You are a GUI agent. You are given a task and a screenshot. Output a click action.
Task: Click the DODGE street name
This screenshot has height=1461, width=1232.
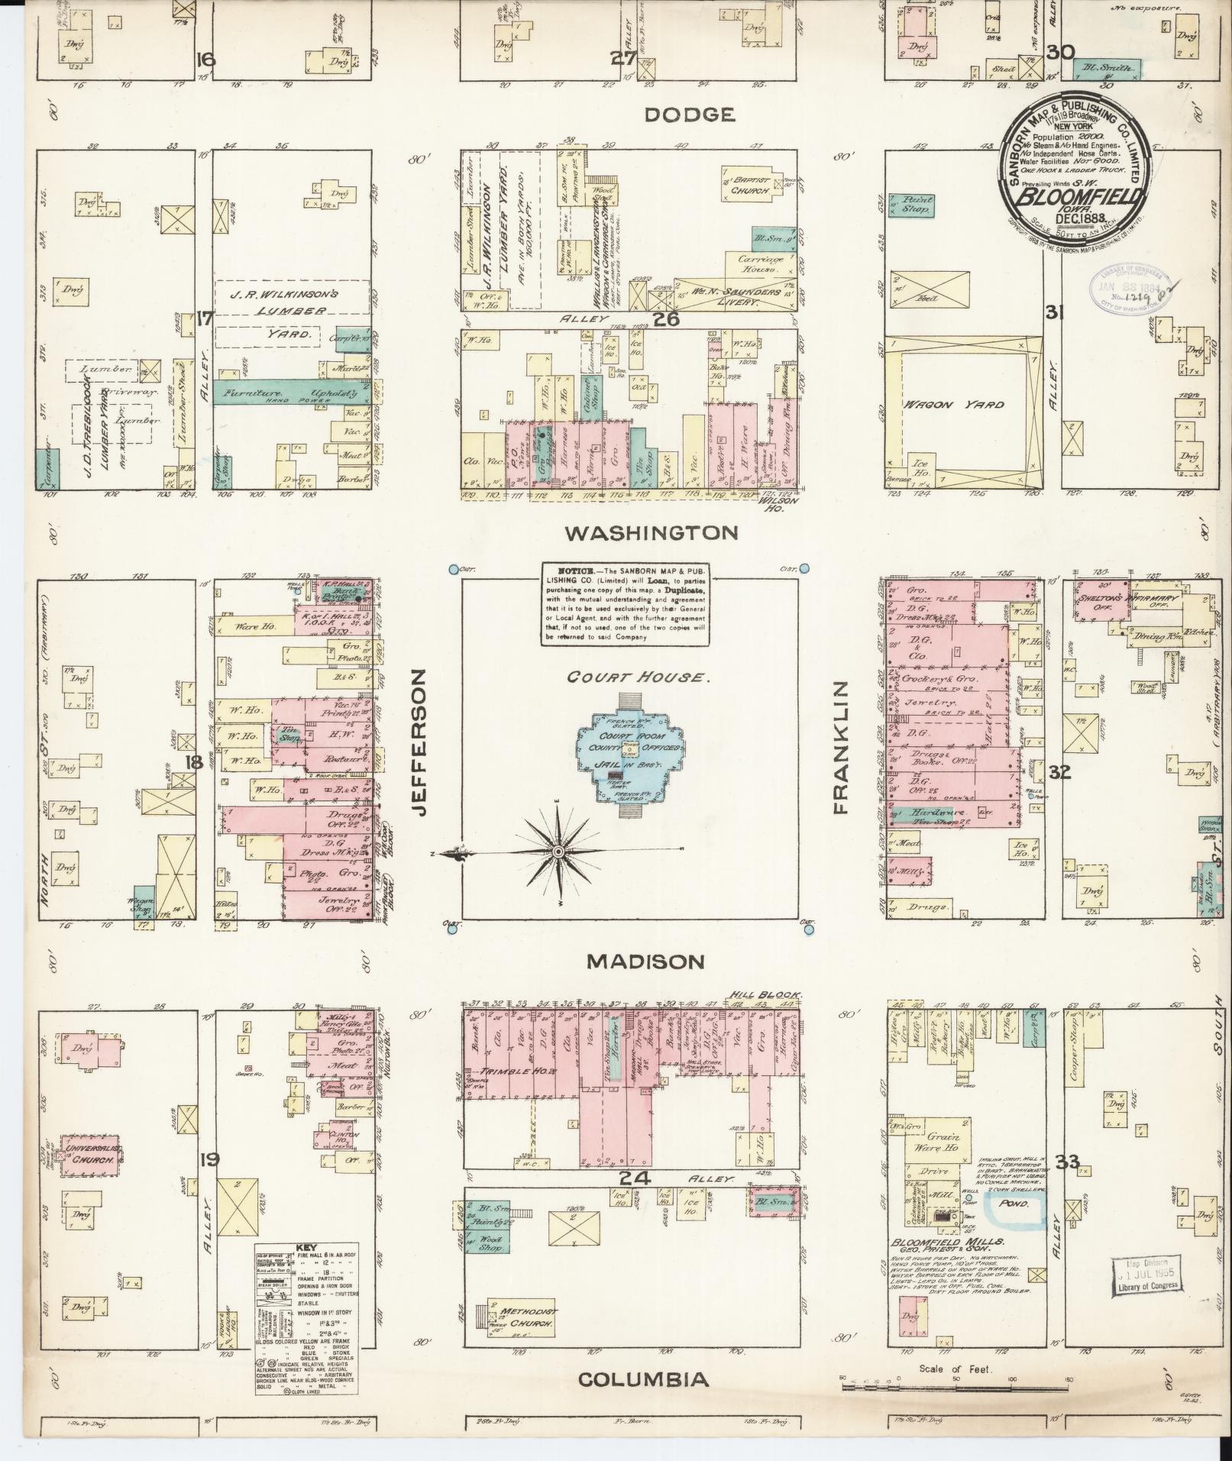point(689,115)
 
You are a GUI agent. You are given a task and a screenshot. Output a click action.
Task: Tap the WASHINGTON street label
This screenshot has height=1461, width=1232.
point(651,532)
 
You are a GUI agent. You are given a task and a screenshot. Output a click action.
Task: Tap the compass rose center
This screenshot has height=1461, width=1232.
point(558,852)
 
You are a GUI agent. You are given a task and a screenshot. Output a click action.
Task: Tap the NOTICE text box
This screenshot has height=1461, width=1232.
point(624,604)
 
